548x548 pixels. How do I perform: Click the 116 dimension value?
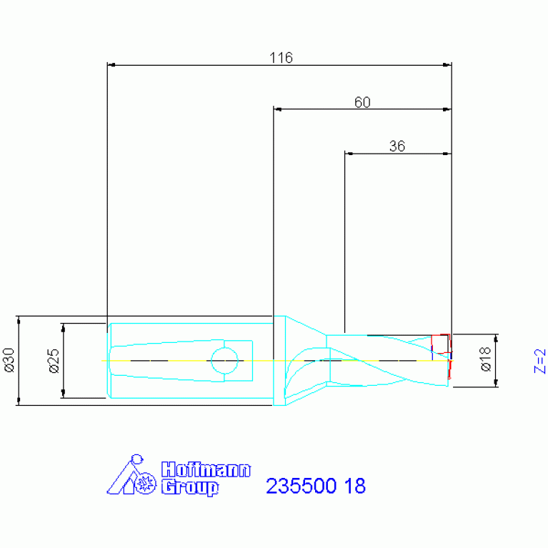[281, 58]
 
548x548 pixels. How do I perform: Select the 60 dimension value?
[362, 102]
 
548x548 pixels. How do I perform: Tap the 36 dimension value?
[397, 146]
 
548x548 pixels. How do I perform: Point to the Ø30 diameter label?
[9, 360]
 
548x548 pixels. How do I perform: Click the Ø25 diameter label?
[54, 361]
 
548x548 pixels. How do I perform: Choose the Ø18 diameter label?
[485, 360]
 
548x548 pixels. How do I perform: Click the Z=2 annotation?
[540, 361]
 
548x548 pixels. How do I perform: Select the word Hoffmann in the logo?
[206, 470]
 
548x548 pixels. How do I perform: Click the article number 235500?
[301, 487]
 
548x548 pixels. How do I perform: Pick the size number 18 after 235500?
[355, 487]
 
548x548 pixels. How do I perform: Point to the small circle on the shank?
[224, 360]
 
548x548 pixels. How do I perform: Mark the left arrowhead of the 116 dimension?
[111, 65]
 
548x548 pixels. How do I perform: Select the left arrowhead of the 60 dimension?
[278, 109]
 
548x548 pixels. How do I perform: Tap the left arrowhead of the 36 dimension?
[349, 153]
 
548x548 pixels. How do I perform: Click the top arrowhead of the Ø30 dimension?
[19, 319]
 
